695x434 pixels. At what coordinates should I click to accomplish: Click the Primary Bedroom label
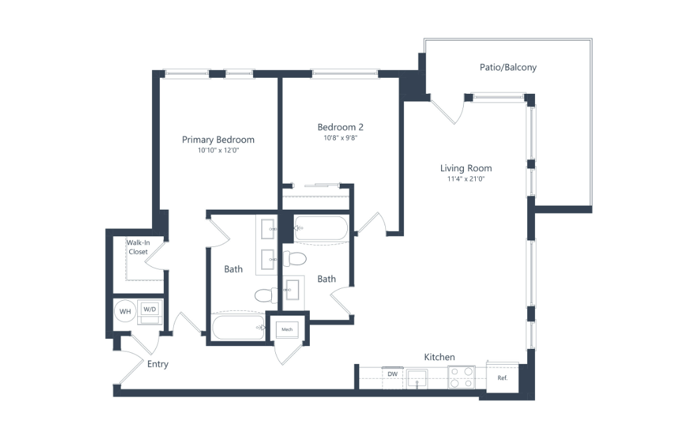click(218, 140)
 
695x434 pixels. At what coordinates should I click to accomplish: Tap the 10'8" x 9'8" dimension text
click(341, 138)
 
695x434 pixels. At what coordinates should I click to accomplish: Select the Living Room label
click(466, 168)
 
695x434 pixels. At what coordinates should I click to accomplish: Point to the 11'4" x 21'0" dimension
click(466, 179)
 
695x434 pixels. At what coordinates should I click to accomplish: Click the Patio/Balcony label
click(508, 67)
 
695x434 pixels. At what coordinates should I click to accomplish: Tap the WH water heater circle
click(125, 312)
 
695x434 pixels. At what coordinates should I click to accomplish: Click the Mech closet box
click(287, 329)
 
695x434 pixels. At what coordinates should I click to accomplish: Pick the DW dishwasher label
click(392, 374)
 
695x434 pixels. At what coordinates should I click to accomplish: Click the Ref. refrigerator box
click(502, 377)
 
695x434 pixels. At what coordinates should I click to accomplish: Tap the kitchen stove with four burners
click(461, 377)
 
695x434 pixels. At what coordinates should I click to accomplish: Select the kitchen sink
click(417, 379)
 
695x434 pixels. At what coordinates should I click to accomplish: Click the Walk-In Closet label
click(139, 247)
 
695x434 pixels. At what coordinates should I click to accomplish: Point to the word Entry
click(158, 364)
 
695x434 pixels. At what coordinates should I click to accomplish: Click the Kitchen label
click(439, 357)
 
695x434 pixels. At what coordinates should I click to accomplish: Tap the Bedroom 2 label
click(341, 127)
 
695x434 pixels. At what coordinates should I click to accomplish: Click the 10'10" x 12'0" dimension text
click(218, 150)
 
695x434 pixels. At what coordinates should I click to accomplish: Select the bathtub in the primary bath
click(239, 327)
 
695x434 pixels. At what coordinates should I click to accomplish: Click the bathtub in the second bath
click(321, 228)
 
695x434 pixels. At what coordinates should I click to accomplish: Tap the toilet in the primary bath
click(267, 295)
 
